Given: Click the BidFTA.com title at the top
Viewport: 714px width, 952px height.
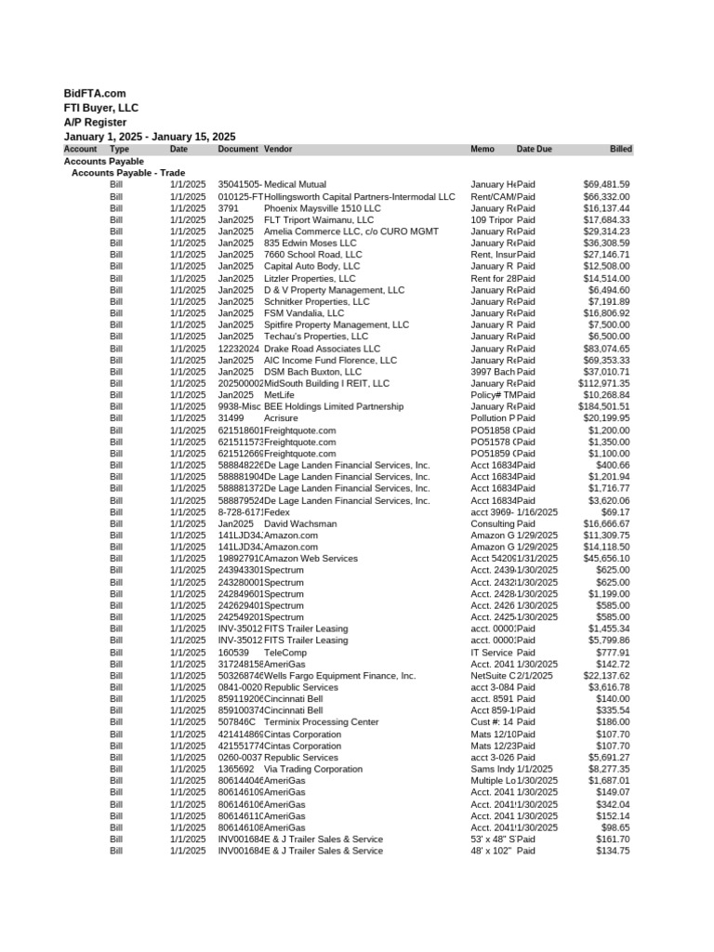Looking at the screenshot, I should coord(94,94).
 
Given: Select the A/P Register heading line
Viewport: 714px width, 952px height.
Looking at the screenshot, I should coord(95,122).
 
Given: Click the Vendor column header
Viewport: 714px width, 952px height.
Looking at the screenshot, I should coord(278,149).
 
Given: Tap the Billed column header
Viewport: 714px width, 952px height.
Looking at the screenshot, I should coord(620,149).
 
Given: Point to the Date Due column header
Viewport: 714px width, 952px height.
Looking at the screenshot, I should coord(534,149).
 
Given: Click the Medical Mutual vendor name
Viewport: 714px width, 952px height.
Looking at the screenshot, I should coord(295,185).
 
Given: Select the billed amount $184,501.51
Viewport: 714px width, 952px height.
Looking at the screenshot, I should coord(603,406).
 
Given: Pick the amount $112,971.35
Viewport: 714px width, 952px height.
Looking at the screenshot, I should coord(603,383).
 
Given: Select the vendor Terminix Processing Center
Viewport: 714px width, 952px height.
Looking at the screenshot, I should coord(321,722).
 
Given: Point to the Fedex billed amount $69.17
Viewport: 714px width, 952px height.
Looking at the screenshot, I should coord(615,512).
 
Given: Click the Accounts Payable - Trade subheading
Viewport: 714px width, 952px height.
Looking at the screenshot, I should coord(127,173).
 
